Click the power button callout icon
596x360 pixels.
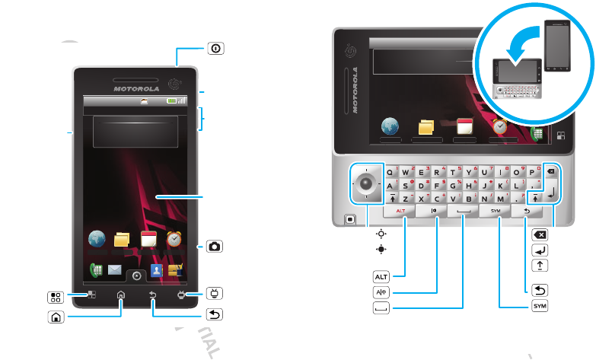[x=215, y=47]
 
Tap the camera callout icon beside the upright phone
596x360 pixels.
[x=215, y=246]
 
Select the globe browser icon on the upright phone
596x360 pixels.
[x=97, y=238]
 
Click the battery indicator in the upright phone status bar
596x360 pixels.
[x=174, y=100]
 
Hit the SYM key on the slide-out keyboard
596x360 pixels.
[x=499, y=221]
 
